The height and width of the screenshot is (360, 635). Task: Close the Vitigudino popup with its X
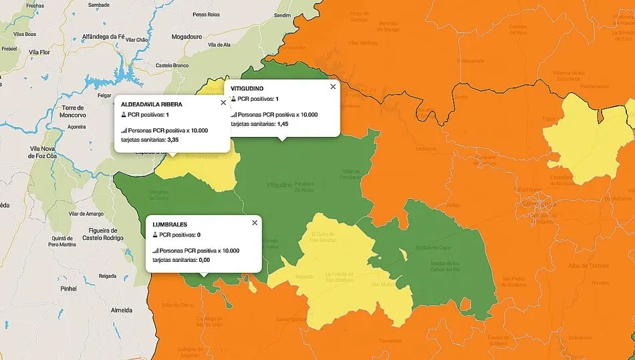(333, 87)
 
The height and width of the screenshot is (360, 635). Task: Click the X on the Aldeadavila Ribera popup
(223, 103)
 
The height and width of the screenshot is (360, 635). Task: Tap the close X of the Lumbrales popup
(255, 223)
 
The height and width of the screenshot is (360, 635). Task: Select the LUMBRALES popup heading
(170, 224)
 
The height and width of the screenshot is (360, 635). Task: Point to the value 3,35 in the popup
(173, 140)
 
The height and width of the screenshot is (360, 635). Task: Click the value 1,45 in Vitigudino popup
(283, 124)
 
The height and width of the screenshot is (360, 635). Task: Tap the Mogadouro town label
(186, 37)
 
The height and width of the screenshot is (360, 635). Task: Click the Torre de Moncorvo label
(72, 111)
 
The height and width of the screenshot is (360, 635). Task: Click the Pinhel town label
(68, 289)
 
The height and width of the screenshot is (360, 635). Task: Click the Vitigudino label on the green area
(279, 184)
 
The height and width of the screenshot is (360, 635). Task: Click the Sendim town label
(283, 15)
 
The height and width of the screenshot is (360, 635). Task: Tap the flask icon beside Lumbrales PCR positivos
(155, 235)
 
